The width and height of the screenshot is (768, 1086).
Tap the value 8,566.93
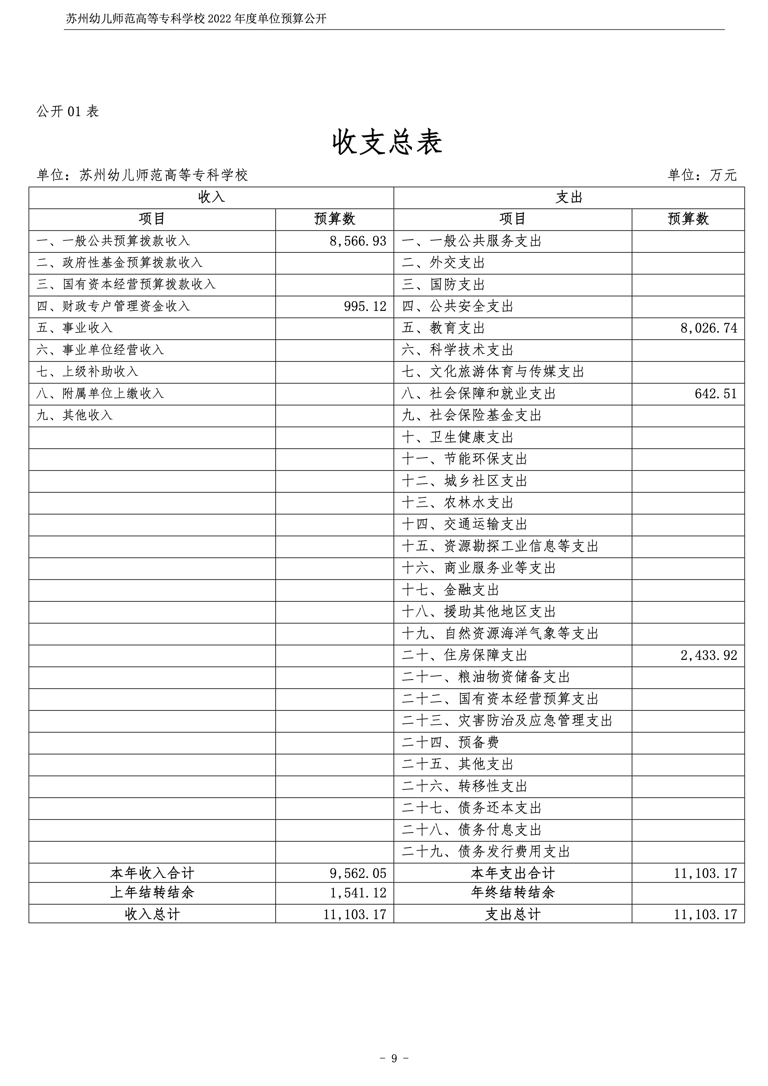(x=358, y=241)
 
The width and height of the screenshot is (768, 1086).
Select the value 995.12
(x=365, y=307)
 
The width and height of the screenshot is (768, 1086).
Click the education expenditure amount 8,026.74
(x=709, y=328)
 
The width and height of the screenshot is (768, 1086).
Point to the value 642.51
(x=715, y=394)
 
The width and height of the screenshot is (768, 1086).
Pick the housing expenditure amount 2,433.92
(x=709, y=656)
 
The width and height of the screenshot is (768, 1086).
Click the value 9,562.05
(x=358, y=873)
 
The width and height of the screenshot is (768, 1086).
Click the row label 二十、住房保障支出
(x=465, y=656)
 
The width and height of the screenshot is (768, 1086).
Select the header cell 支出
(x=569, y=197)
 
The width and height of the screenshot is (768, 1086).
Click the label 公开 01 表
(x=68, y=111)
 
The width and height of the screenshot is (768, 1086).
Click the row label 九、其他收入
(x=75, y=415)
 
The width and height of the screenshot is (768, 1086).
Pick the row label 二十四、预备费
(x=450, y=743)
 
